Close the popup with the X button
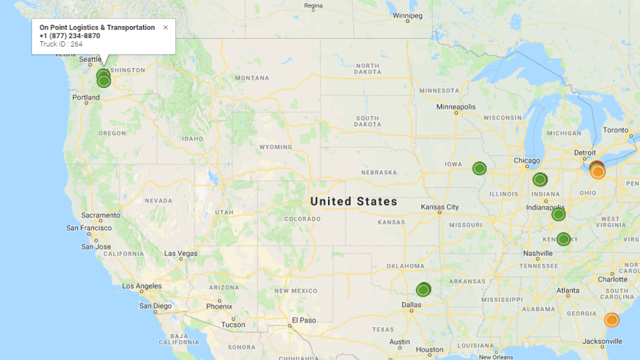tap(165, 28)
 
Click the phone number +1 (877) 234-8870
tap(70, 36)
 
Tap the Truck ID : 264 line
tap(61, 44)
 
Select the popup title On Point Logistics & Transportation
tap(97, 27)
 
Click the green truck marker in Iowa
tap(479, 169)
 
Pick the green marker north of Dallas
tap(423, 290)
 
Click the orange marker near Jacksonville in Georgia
tap(611, 320)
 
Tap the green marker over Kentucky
tap(563, 239)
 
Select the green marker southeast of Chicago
tap(540, 179)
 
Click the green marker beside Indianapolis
tap(559, 214)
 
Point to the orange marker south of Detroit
tap(598, 171)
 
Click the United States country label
tap(353, 201)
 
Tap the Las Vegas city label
tap(181, 253)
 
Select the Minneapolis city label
tap(456, 107)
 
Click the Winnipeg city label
tap(407, 15)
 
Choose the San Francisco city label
tap(89, 228)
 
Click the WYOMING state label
tap(275, 147)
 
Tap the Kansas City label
tap(440, 207)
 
